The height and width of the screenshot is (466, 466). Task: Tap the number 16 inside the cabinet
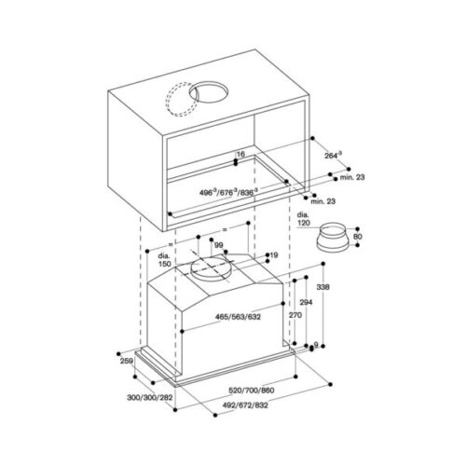[240, 154]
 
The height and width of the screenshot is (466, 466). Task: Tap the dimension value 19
[273, 254]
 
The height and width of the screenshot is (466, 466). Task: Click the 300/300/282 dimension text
[154, 396]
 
